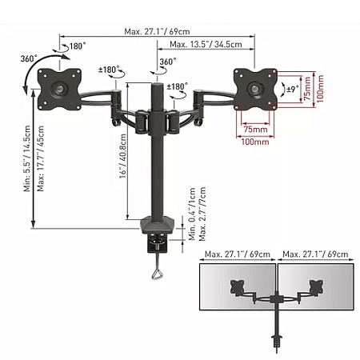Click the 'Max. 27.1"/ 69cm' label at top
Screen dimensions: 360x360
158,31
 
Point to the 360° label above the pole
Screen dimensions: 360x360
168,62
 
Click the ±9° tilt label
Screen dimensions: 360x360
293,90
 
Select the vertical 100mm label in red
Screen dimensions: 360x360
320,89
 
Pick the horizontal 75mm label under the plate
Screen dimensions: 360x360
255,128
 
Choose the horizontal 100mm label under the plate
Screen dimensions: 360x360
254,142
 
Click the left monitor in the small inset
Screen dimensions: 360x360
236,287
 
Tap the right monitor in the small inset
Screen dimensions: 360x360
313,287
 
